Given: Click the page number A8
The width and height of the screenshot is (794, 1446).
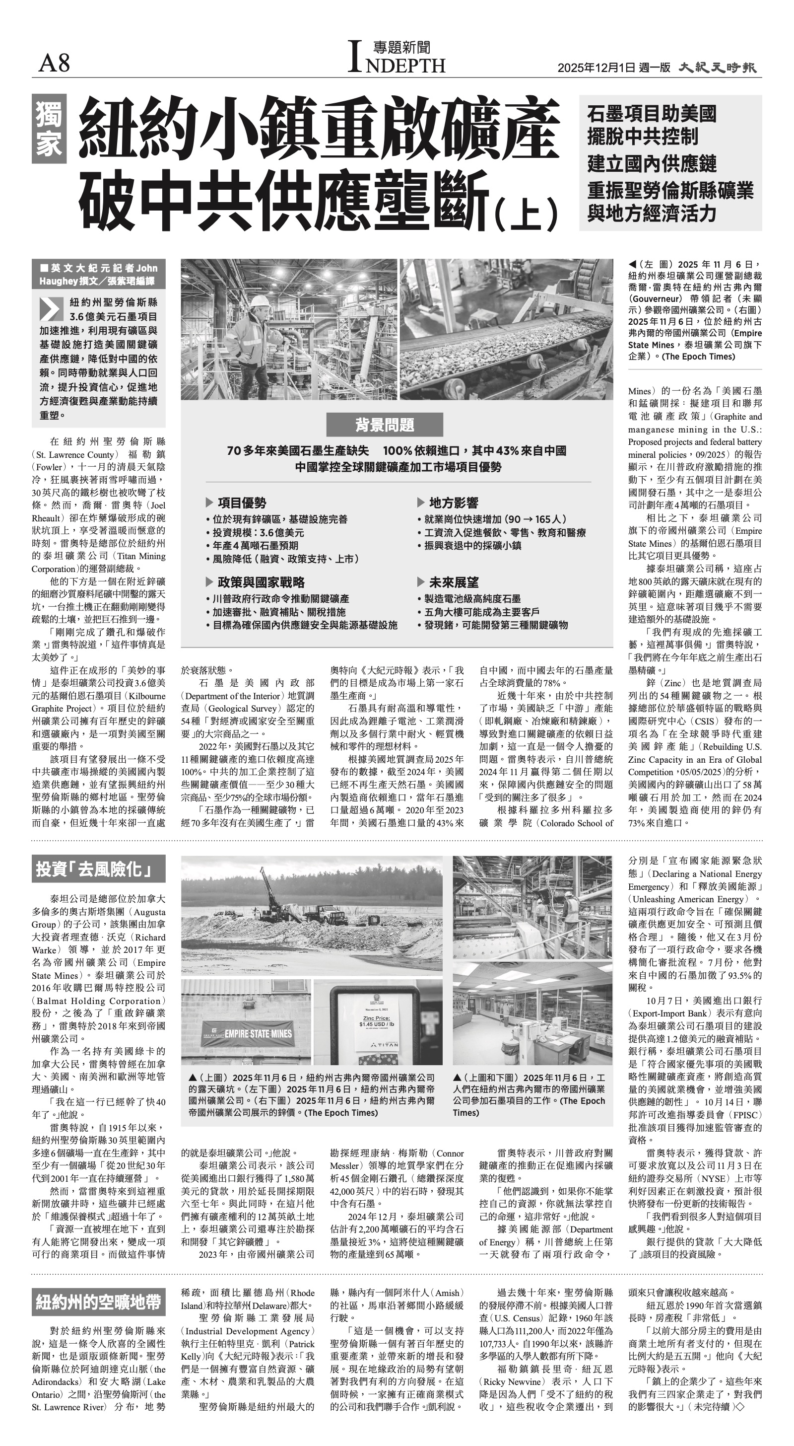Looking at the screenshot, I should point(54,63).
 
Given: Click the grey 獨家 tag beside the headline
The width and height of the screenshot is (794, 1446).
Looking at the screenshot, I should point(49,129).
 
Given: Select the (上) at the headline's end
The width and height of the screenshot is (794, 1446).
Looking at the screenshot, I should point(527,212).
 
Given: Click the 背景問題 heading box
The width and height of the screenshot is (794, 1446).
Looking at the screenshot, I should point(385,425).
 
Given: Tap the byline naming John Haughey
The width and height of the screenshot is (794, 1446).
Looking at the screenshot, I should point(98,274).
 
